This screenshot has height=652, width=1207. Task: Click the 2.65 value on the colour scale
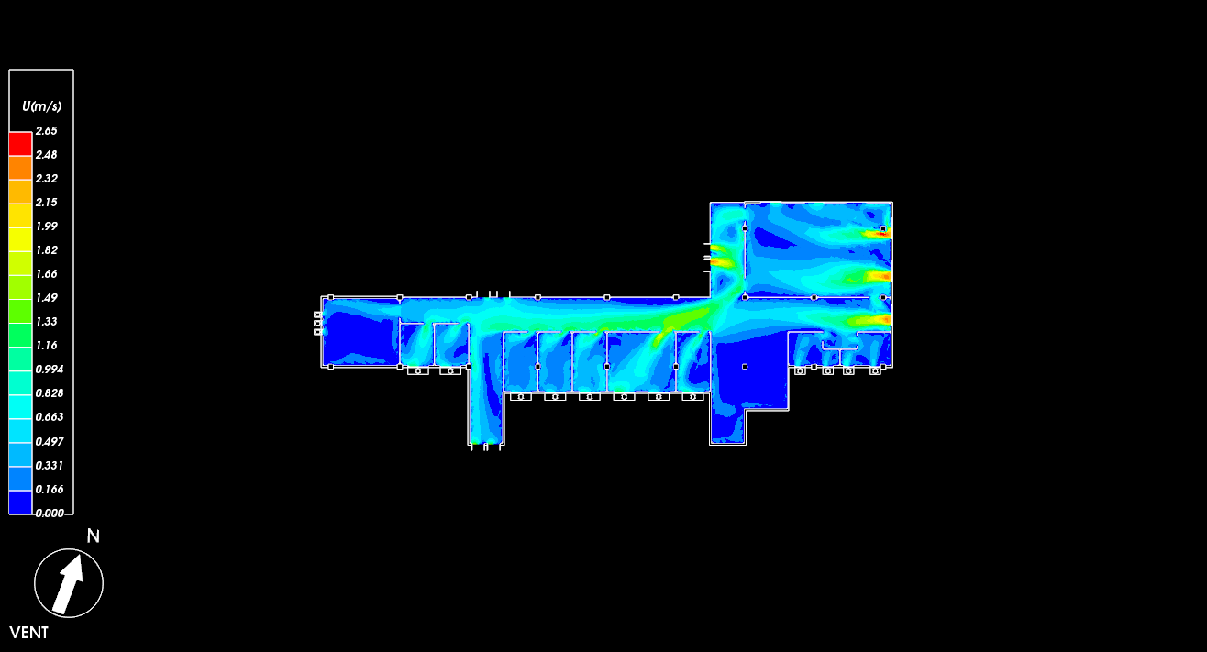[47, 131]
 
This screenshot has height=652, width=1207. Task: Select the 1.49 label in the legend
[47, 298]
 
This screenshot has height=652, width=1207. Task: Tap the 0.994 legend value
[50, 370]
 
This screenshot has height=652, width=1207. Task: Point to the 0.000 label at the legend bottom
[50, 513]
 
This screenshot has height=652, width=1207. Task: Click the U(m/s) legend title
[41, 106]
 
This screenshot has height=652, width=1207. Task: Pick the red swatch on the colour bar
[20, 144]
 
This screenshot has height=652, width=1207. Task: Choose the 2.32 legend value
[47, 179]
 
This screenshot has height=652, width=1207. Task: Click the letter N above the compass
[94, 536]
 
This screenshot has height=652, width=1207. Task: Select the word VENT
[29, 633]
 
